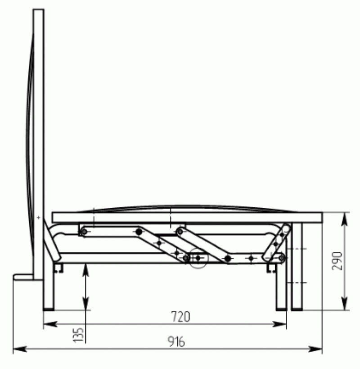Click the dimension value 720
click(x=180, y=317)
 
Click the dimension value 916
click(x=176, y=342)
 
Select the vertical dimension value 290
click(x=337, y=261)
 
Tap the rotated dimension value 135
click(x=78, y=334)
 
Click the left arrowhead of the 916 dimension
click(x=20, y=349)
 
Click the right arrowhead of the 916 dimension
click(x=315, y=349)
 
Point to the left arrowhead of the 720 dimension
click(x=50, y=324)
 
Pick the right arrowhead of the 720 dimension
click(x=279, y=324)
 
